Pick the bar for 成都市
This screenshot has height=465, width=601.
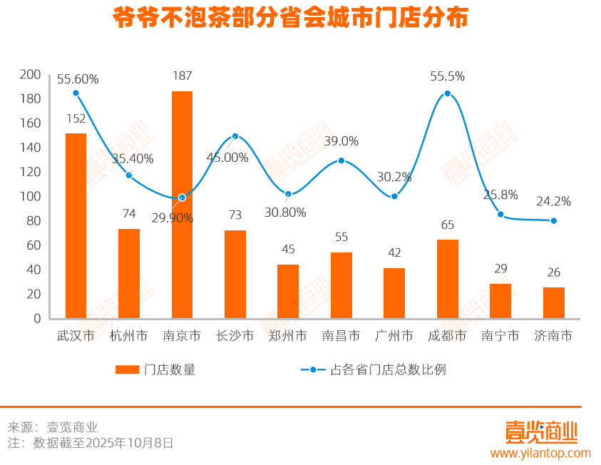point(447,279)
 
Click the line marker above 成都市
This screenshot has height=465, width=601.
point(447,93)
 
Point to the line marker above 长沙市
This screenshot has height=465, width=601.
point(235,136)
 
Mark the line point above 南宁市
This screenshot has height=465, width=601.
point(500,215)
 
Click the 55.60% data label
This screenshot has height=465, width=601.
point(78,79)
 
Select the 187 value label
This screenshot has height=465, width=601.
point(182,76)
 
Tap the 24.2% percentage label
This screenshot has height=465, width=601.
point(553,202)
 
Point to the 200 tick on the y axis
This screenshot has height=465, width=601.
point(31,74)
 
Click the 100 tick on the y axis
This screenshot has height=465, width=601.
point(31,196)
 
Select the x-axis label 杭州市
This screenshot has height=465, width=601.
point(129,335)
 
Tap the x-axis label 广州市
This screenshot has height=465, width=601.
point(394,335)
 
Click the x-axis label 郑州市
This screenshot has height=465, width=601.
point(288,335)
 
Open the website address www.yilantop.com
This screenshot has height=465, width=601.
point(540,453)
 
